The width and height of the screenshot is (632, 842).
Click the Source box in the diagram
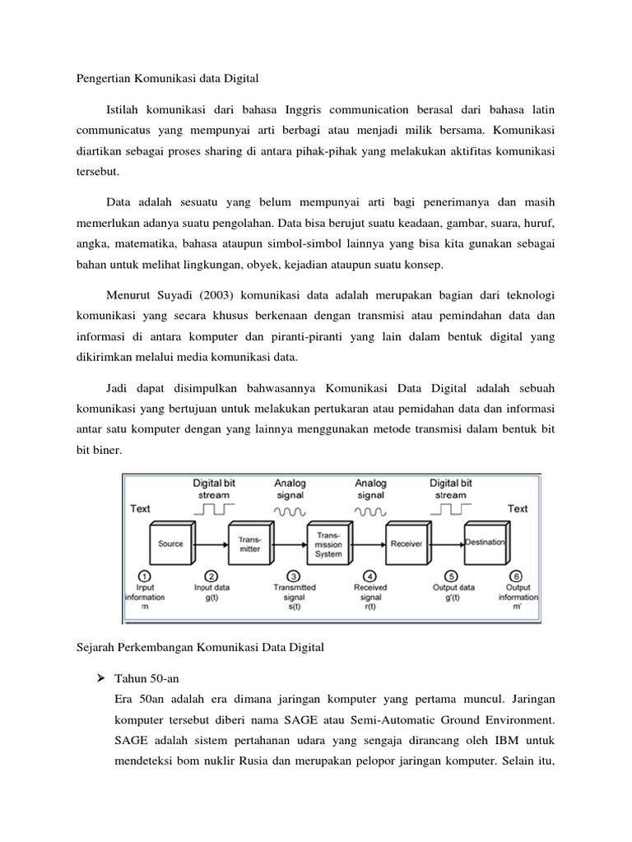(x=170, y=544)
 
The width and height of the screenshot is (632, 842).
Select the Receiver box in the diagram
(x=407, y=544)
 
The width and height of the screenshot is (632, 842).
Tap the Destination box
(x=490, y=542)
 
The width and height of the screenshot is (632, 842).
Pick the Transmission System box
(x=329, y=544)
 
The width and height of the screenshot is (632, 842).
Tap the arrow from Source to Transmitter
(x=209, y=544)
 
